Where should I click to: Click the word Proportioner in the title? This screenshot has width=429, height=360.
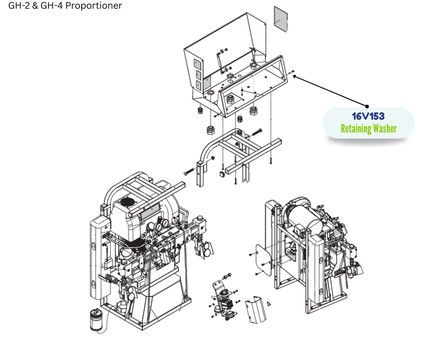[94, 5]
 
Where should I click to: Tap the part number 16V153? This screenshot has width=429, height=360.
[368, 116]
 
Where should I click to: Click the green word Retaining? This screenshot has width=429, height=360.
[356, 128]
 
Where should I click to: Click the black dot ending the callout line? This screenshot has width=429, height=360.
[367, 106]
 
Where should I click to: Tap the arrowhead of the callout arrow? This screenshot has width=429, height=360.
[295, 76]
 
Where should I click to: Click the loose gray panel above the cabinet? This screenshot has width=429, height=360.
[281, 19]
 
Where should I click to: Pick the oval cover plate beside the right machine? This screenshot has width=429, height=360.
[263, 259]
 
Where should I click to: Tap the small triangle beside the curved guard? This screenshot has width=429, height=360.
[269, 303]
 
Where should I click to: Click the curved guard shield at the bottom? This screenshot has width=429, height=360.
[256, 309]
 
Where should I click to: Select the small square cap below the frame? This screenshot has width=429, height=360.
[222, 174]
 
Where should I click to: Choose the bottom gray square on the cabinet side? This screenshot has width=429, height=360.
[199, 85]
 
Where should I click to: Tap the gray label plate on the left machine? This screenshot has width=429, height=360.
[150, 211]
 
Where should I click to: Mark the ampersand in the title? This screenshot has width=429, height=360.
[35, 5]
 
